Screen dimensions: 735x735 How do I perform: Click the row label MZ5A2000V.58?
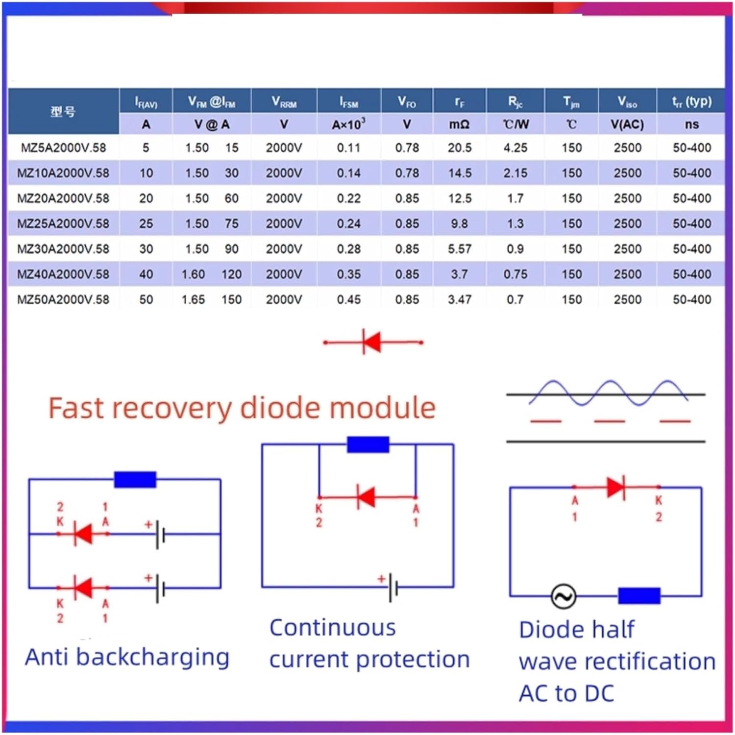(x=63, y=147)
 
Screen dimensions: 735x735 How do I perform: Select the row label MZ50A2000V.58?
(x=63, y=299)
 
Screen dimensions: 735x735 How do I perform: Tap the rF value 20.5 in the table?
(x=460, y=147)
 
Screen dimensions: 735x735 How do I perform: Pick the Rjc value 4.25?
(x=515, y=147)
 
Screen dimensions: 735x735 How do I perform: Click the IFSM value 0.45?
(x=349, y=299)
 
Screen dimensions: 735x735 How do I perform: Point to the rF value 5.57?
(x=460, y=249)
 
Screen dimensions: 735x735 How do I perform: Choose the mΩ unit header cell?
(x=460, y=124)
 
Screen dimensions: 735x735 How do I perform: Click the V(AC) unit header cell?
(x=627, y=124)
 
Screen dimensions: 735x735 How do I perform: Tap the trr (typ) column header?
(x=692, y=101)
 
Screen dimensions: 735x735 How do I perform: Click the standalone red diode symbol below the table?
(x=373, y=342)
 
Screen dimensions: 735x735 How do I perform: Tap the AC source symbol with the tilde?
(x=563, y=596)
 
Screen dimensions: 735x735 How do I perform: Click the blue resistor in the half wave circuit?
(x=639, y=595)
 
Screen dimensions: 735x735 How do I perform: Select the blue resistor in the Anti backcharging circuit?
(x=135, y=479)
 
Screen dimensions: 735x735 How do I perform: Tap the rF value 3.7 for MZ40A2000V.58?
(x=460, y=274)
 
